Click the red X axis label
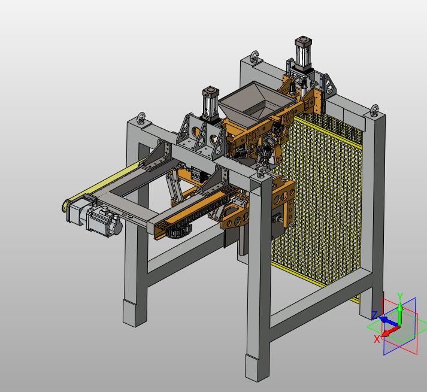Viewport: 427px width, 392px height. [x=377, y=339]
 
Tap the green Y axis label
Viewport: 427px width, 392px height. [x=400, y=296]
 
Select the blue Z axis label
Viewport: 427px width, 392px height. [x=375, y=315]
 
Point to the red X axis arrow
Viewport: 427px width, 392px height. [x=390, y=331]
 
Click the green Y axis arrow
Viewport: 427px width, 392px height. [x=400, y=313]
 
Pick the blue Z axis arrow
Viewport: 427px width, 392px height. [x=388, y=321]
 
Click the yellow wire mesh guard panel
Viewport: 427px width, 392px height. [x=319, y=199]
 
